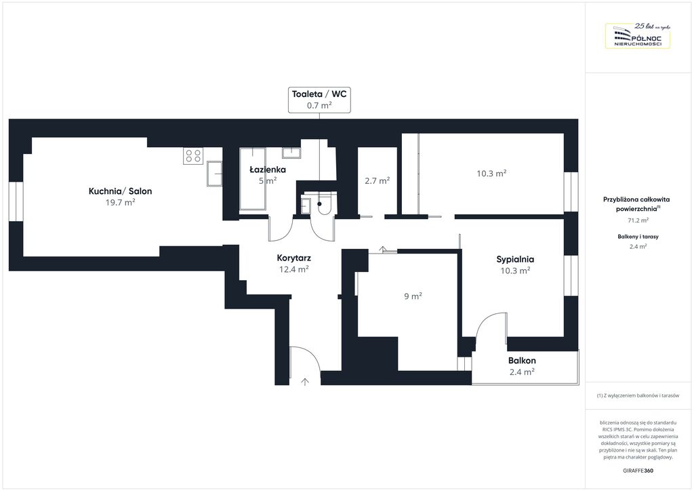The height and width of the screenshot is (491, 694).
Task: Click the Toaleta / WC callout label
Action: tap(319, 100)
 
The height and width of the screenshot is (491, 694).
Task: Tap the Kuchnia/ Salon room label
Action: tap(121, 191)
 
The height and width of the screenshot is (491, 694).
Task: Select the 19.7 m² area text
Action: tap(121, 202)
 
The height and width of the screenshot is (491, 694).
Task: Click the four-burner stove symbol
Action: tap(193, 156)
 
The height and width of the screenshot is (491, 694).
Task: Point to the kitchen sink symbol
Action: tap(214, 174)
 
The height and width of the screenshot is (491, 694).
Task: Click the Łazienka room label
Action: tap(268, 169)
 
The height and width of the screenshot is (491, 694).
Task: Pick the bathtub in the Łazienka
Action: tap(253, 178)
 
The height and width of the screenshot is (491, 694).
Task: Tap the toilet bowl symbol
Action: tap(325, 205)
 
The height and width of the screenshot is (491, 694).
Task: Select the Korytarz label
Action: tap(294, 258)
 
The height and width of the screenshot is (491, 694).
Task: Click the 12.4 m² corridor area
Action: tap(294, 269)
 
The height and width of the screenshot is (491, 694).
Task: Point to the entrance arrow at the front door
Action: tap(305, 382)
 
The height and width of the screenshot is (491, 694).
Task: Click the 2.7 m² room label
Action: tap(377, 180)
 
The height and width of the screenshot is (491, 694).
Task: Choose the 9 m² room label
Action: tap(413, 296)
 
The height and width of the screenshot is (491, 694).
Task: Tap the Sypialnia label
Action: tap(515, 260)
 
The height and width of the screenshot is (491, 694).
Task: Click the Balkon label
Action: tap(522, 360)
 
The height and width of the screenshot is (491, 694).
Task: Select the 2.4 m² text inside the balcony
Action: tap(522, 372)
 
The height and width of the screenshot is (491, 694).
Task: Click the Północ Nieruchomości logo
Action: tap(638, 35)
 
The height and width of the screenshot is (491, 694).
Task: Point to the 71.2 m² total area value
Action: tap(638, 220)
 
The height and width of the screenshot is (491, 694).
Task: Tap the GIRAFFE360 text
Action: tap(638, 471)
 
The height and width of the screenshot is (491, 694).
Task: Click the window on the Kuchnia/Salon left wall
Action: tap(16, 201)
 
